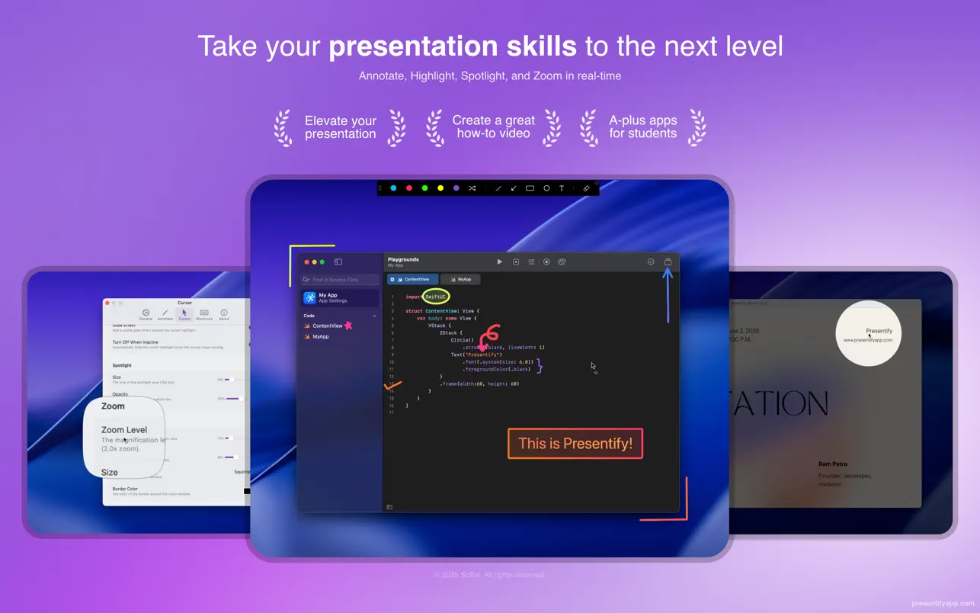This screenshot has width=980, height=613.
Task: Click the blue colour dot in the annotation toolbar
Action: point(393,188)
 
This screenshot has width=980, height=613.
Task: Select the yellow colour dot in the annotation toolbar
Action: point(440,188)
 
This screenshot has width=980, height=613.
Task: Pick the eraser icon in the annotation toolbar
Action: point(586,188)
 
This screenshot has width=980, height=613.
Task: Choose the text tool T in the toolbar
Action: point(562,188)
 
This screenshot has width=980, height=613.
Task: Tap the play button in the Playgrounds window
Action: point(500,262)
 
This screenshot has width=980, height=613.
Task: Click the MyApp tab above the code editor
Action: point(460,279)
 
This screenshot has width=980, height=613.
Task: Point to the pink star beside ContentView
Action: point(348,326)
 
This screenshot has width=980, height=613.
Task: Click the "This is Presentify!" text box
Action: point(575,444)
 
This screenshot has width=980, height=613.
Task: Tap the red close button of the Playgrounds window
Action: point(306,262)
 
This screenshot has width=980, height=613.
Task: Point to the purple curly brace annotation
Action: point(540,365)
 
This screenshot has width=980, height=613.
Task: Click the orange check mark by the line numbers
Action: point(393,385)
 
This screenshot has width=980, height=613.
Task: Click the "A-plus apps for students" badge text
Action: point(642,127)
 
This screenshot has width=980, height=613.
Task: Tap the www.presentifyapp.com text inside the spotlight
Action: point(867,340)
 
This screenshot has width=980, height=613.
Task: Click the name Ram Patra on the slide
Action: point(832,464)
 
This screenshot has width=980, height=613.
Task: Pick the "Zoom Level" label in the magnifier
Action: point(124,430)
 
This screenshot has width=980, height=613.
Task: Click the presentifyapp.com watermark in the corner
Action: point(942,603)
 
